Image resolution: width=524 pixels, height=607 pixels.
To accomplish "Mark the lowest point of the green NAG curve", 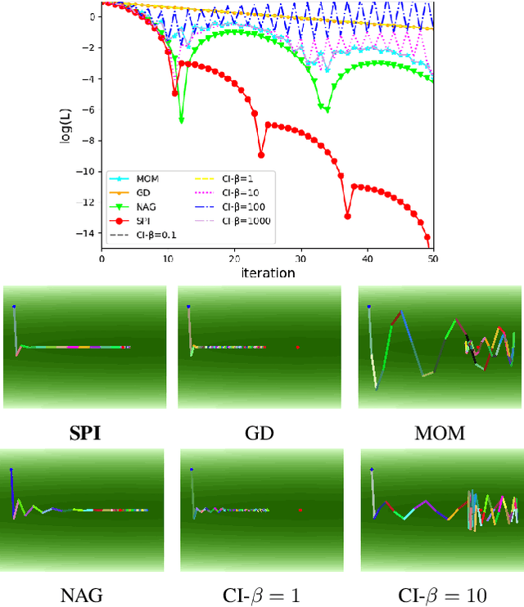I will coord(182,120).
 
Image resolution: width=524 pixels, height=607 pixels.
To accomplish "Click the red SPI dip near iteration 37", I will coord(347,217).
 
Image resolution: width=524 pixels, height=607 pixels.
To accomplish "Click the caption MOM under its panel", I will coord(439,433).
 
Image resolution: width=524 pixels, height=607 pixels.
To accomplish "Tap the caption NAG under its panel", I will coord(84,595).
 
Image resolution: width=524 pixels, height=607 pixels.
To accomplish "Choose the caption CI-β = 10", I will coord(439,595).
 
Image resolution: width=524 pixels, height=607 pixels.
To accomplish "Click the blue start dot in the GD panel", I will coord(188,308).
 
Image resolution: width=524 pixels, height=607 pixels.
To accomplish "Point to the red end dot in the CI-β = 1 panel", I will coord(300,510).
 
